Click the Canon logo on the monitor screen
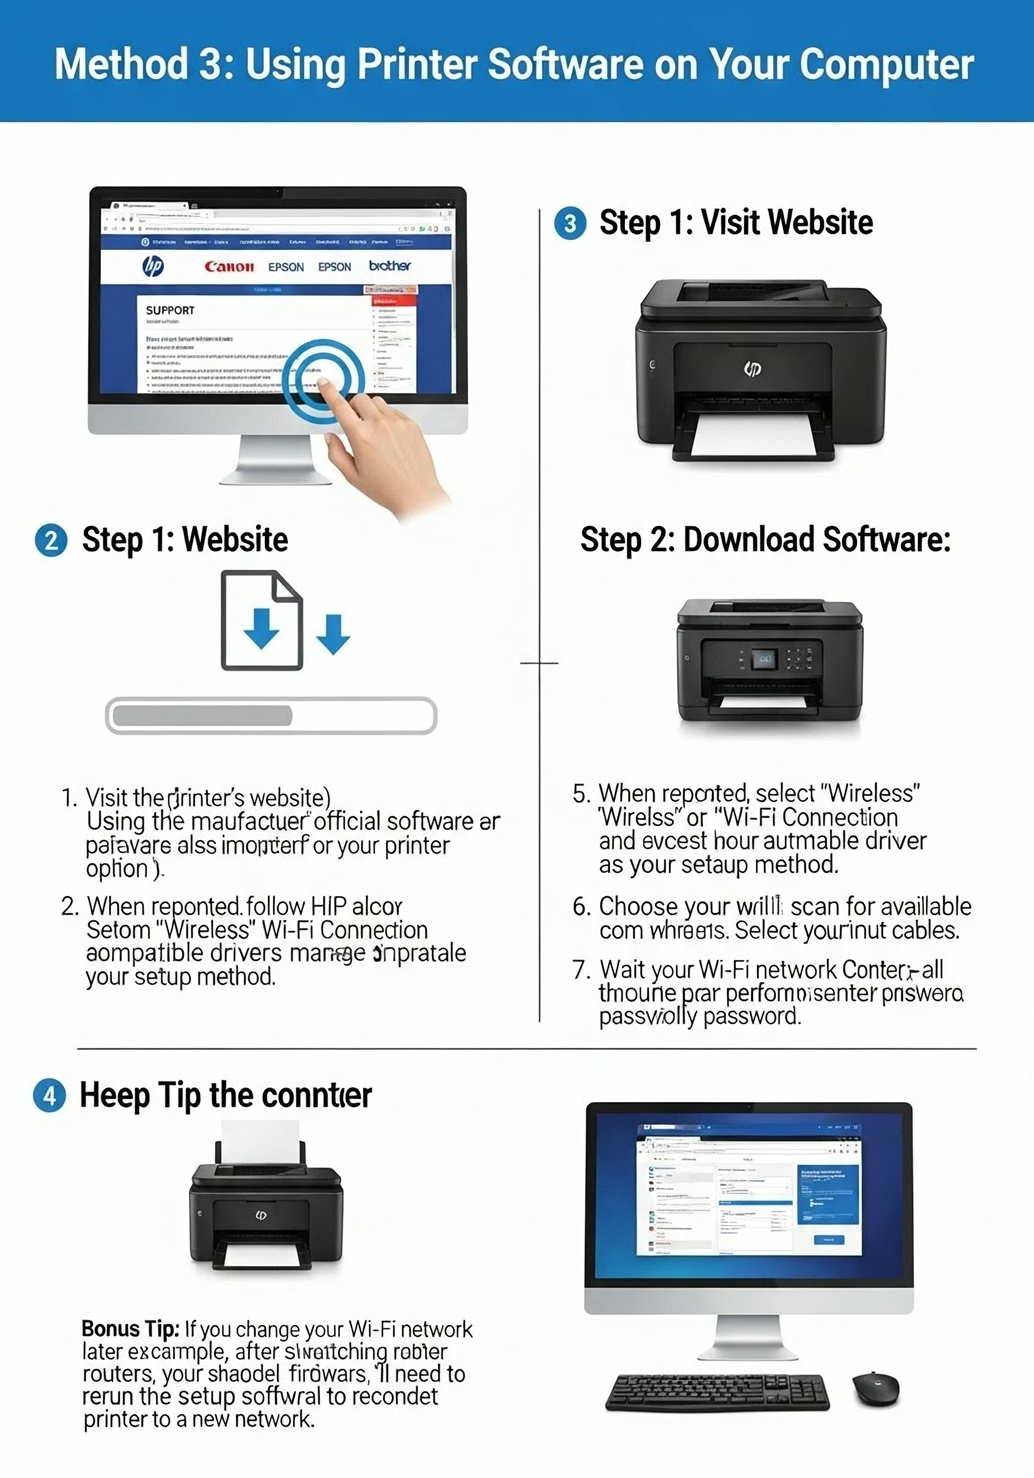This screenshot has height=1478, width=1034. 229,267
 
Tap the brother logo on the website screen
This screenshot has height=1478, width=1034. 389,265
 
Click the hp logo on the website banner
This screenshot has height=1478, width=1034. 152,265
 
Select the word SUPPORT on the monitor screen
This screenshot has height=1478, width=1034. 170,310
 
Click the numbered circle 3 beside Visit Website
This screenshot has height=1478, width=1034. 570,223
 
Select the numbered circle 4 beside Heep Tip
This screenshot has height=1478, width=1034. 50,1096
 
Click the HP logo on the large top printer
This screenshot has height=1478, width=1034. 752,368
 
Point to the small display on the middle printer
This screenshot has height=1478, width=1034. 765,659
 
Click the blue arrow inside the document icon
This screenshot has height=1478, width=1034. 261,628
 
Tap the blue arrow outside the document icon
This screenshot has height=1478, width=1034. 334,635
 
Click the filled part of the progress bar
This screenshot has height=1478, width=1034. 203,715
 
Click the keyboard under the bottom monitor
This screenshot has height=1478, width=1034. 717,1392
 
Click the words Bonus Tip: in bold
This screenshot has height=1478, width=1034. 130,1328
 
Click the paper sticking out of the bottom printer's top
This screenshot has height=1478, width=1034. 260,1142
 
